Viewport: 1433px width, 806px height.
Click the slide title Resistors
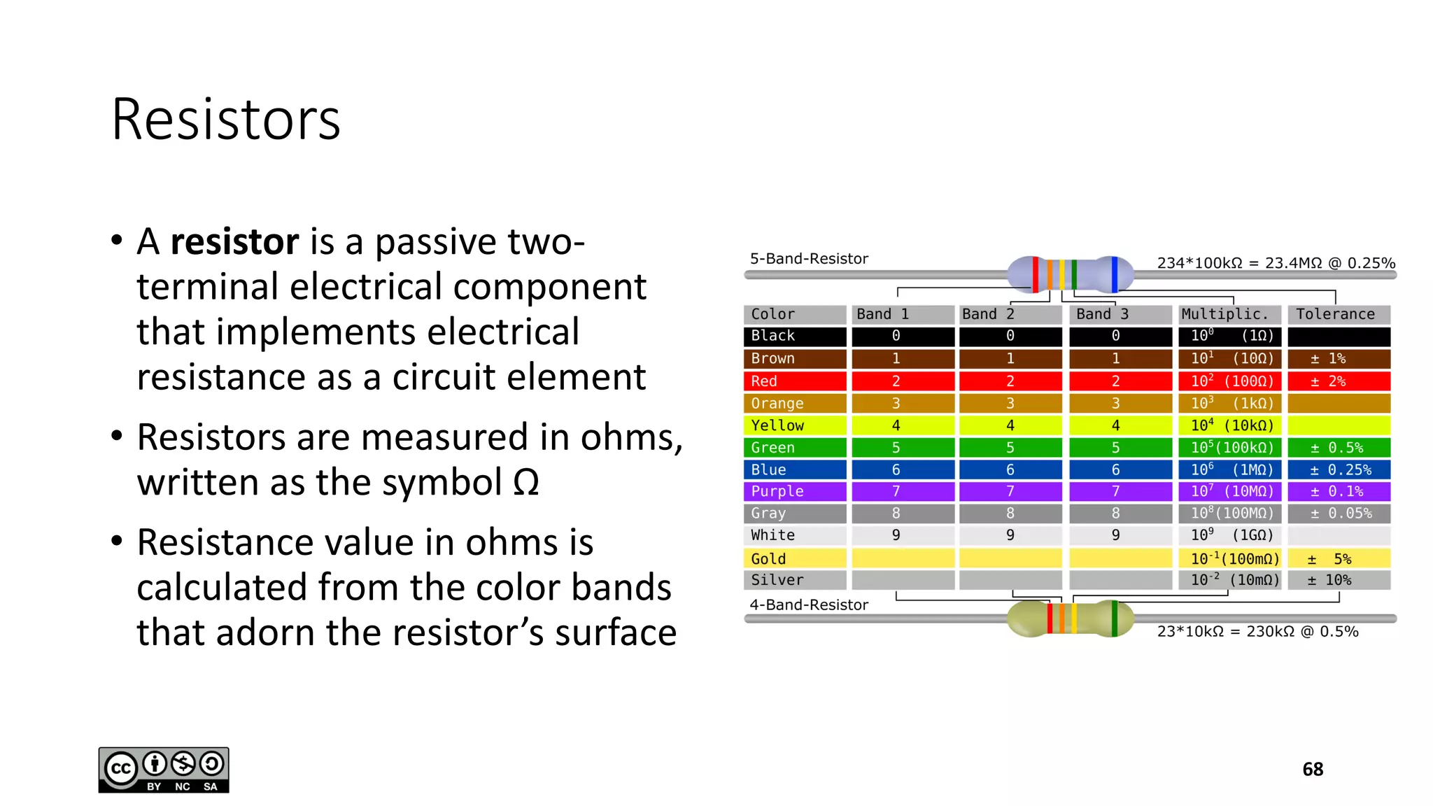pos(225,120)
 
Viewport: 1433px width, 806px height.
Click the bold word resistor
pos(234,242)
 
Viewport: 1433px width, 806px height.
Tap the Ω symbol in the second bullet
pos(525,483)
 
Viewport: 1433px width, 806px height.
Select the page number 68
pos(1313,770)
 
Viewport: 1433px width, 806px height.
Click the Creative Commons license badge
pos(164,770)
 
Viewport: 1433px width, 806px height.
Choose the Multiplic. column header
pos(1229,314)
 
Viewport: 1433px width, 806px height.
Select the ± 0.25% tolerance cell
pos(1339,469)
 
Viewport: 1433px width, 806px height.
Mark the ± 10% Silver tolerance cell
pos(1339,580)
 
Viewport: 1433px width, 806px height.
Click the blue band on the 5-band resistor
pos(1115,274)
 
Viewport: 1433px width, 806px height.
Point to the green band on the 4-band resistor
pos(1115,618)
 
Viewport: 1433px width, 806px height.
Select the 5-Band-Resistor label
pos(809,259)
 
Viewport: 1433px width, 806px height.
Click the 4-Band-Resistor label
pos(809,605)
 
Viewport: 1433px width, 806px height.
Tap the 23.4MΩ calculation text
pos(1276,263)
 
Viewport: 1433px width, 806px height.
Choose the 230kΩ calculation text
pos(1257,632)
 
